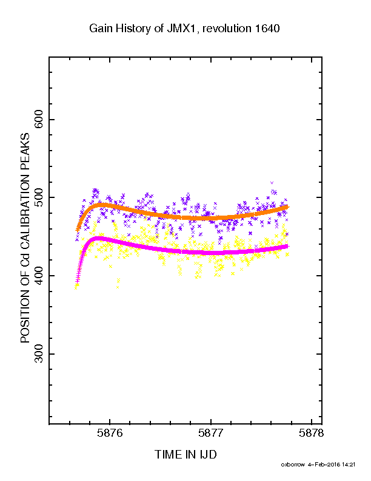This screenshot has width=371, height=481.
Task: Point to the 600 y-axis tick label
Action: click(39, 119)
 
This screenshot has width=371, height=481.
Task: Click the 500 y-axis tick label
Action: click(39, 197)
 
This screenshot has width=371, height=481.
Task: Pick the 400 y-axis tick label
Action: click(39, 276)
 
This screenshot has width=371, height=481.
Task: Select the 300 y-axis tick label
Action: click(39, 353)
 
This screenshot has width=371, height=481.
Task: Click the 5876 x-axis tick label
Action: click(110, 433)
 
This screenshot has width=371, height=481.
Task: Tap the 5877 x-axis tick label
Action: click(210, 433)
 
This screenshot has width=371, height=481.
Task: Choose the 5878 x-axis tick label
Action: click(312, 433)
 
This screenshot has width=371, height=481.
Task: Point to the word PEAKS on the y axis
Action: click(25, 152)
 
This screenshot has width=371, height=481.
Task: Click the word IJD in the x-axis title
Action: click(208, 454)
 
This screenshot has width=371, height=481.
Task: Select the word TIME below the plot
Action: click(168, 454)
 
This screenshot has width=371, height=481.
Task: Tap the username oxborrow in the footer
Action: click(293, 465)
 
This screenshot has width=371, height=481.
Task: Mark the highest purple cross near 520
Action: click(272, 183)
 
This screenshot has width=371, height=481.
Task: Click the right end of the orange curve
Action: click(288, 207)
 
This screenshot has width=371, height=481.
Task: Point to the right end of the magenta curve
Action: click(288, 247)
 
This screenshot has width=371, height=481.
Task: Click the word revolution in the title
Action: click(227, 29)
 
